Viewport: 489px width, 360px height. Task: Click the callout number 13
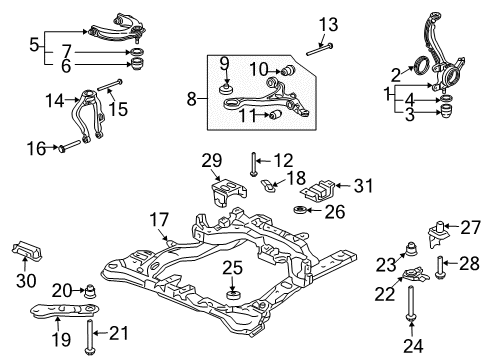coord(328,24)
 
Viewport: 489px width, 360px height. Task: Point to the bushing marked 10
coord(289,70)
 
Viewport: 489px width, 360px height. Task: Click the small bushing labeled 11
coord(275,115)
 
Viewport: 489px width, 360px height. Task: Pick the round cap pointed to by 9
coord(226,89)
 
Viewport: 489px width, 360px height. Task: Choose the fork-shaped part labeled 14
coord(87,115)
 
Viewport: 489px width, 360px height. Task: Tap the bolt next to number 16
coord(70,146)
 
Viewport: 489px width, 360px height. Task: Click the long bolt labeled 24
coord(411,304)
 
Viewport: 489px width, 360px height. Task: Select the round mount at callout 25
coord(233,296)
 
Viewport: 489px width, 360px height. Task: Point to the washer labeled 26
coord(300,210)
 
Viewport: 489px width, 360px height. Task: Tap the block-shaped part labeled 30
coord(26,250)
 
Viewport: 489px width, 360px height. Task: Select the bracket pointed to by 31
coord(318,191)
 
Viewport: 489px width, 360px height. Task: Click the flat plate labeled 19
coord(65,309)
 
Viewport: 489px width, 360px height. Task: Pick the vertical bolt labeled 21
coord(89,337)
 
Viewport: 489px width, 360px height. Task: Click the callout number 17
coord(159,220)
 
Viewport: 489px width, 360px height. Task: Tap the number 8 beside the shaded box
coord(192,99)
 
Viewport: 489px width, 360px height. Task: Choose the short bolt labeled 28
coord(439,267)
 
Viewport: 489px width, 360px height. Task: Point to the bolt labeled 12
coord(254,164)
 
